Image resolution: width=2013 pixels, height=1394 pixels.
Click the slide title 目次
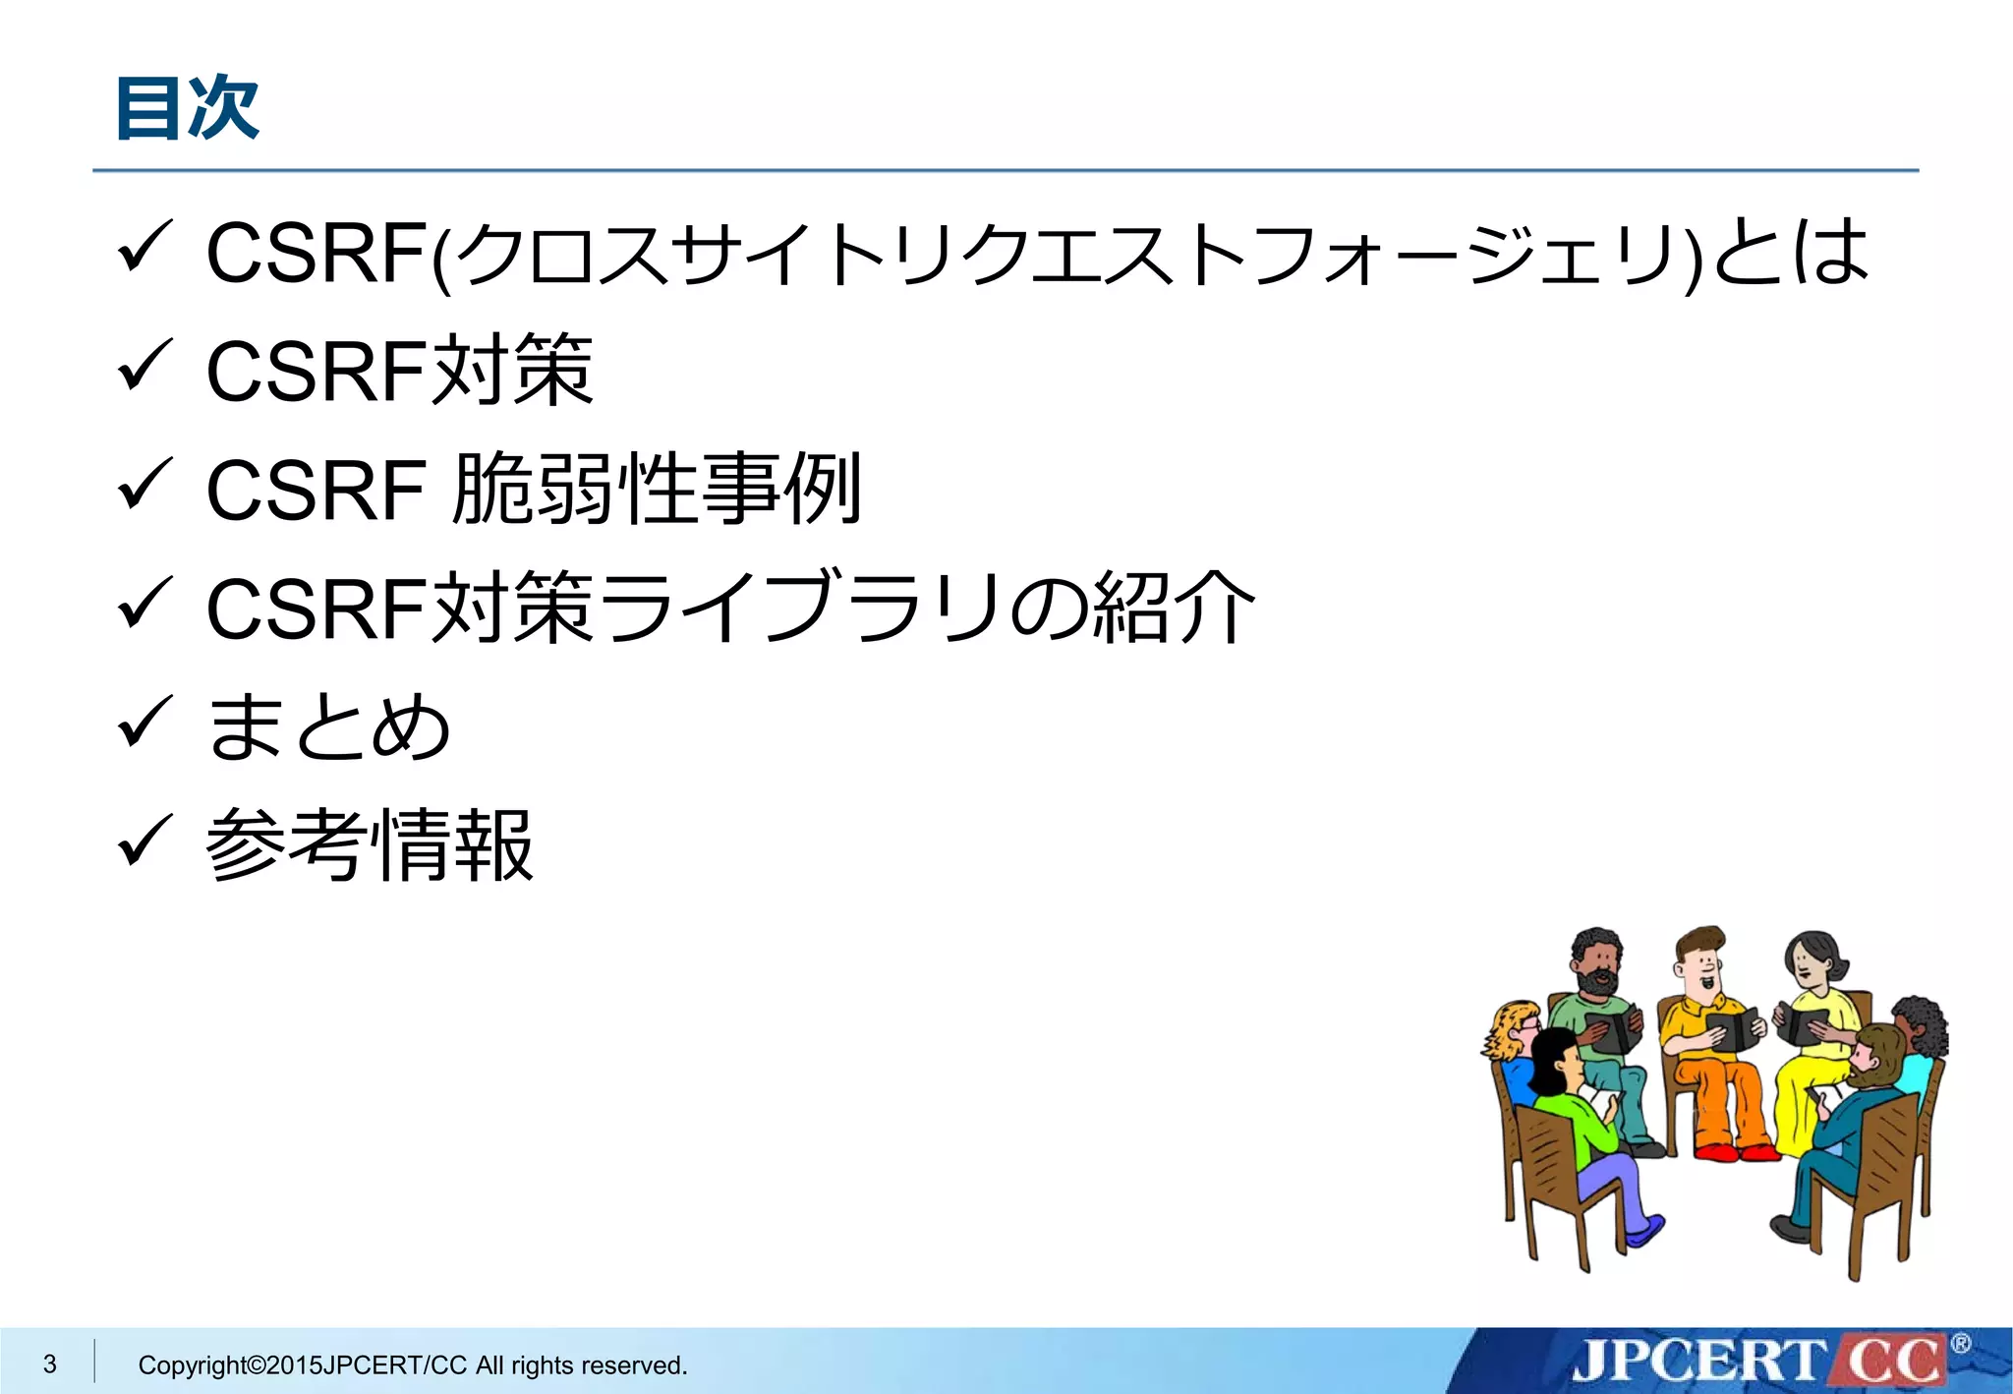[x=187, y=108]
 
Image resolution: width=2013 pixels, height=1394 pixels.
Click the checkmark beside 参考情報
[x=144, y=842]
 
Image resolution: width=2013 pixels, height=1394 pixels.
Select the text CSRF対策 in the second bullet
[x=399, y=371]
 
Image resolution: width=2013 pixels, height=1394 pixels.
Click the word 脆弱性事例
[x=657, y=489]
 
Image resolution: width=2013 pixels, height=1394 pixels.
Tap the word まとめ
[x=328, y=726]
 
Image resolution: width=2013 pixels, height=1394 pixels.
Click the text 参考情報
[x=370, y=845]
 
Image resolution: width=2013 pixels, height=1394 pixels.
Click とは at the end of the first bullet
[x=1789, y=253]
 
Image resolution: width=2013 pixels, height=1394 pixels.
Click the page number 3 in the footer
[x=50, y=1364]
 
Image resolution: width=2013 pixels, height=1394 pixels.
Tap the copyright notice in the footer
[x=412, y=1365]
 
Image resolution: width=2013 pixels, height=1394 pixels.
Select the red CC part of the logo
[x=1891, y=1362]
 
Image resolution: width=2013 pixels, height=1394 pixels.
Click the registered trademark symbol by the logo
[x=1960, y=1344]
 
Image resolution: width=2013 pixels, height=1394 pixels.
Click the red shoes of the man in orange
[x=1735, y=1150]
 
